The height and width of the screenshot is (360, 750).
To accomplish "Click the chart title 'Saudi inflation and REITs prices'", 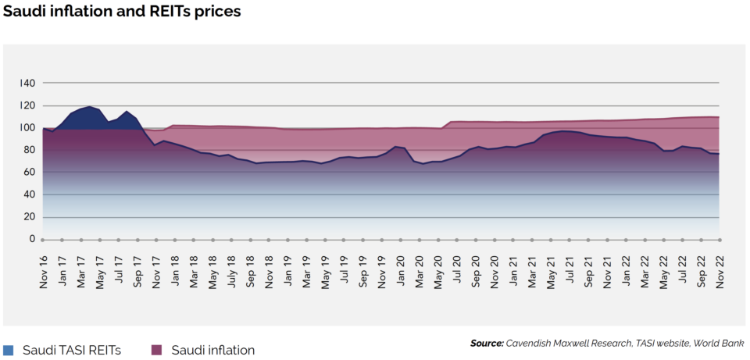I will pos(122,12).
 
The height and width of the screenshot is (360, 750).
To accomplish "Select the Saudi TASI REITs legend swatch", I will pos(9,350).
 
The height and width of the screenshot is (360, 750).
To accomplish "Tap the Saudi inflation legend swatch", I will pos(156,350).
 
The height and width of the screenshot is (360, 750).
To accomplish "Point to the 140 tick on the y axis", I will pos(27,83).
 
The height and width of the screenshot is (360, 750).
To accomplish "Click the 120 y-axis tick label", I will pos(27,105).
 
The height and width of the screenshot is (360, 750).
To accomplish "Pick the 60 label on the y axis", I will pos(30,172).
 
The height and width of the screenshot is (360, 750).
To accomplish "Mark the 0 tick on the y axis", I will pos(33,239).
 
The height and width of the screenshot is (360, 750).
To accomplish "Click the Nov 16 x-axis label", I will pos(44,269).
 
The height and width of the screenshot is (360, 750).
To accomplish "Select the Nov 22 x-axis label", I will pos(719,269).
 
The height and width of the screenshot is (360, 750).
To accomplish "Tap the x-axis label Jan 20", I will pos(400,269).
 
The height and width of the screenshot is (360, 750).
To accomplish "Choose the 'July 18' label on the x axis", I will pos(231,269).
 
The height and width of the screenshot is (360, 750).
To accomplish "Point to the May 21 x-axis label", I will pos(550,269).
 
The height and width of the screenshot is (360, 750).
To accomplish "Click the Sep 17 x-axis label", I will pos(137,269).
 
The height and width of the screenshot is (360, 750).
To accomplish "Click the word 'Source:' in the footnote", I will pos(487,343).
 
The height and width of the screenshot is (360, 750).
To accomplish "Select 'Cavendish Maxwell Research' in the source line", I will pos(566,343).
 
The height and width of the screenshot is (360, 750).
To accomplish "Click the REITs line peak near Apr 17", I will pos(90,107).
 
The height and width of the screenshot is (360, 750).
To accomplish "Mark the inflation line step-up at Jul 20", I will pos(452,122).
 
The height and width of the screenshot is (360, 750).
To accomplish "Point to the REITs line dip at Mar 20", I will pos(423,163).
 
